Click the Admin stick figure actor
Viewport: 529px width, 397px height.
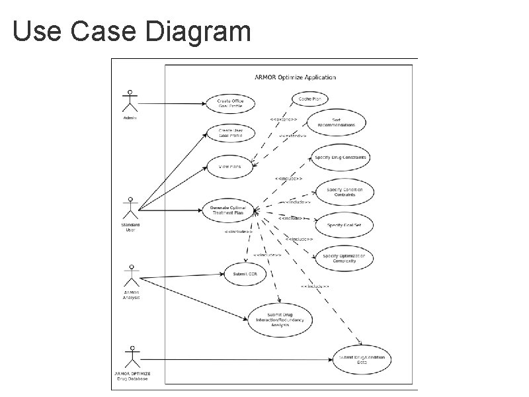click(130, 101)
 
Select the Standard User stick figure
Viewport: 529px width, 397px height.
click(130, 208)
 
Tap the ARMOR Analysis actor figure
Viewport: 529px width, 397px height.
click(131, 275)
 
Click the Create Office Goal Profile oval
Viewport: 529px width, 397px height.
click(231, 104)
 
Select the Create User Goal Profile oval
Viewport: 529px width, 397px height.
click(230, 133)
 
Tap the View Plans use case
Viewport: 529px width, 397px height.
click(230, 167)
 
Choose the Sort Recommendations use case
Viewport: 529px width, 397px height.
click(336, 123)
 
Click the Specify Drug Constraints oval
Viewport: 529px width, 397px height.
click(341, 157)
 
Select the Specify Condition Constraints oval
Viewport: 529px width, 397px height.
click(345, 192)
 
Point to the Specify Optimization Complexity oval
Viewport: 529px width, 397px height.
click(348, 258)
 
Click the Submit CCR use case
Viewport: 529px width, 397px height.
click(245, 274)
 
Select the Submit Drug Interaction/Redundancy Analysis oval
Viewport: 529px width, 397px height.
click(280, 320)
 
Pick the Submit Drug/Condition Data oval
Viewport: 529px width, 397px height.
click(361, 359)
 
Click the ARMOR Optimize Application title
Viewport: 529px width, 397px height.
click(295, 77)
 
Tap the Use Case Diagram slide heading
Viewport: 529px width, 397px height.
click(132, 31)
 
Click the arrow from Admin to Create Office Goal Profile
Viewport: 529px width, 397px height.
click(172, 103)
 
